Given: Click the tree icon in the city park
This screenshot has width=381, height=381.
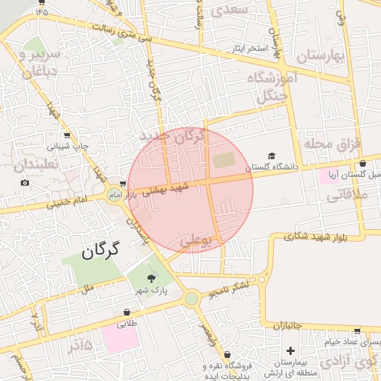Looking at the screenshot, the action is click(x=152, y=278).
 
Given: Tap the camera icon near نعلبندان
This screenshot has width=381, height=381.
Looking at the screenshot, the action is click(x=25, y=182).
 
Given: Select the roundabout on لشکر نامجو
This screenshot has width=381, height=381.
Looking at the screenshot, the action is click(x=192, y=299).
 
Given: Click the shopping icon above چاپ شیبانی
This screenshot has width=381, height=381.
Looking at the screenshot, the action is click(x=68, y=135).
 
